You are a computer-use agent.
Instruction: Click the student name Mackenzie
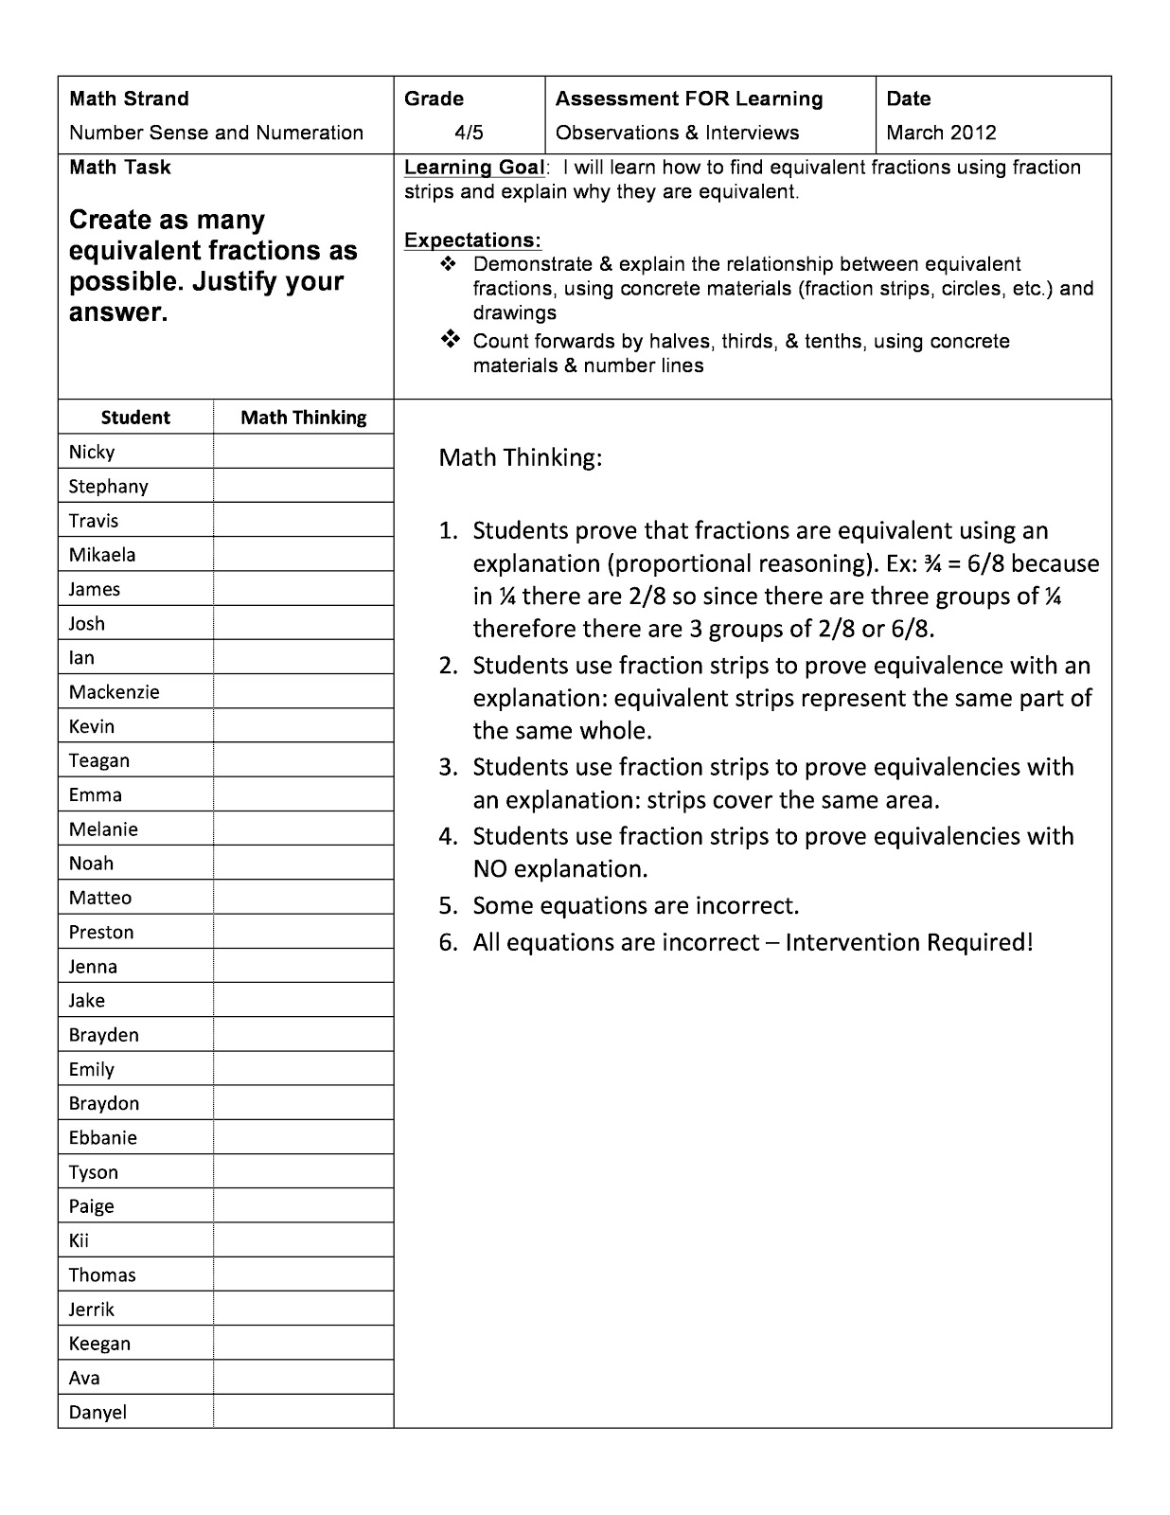point(114,692)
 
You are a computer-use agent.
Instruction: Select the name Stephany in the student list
point(108,487)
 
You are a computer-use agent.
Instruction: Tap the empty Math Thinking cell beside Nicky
point(303,452)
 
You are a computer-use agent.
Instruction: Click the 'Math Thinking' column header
point(303,418)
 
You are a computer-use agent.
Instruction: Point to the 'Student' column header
point(135,418)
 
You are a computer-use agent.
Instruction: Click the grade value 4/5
point(470,133)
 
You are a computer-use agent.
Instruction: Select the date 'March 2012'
point(941,133)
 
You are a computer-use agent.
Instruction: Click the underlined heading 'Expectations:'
point(472,240)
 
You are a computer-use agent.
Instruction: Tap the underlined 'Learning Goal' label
point(474,168)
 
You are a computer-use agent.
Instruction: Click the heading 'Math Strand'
point(129,98)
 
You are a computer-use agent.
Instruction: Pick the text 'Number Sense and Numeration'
point(216,133)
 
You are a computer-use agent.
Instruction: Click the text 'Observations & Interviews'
point(677,133)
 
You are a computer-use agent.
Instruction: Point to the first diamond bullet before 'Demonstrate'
point(449,264)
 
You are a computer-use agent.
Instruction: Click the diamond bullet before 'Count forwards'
point(451,340)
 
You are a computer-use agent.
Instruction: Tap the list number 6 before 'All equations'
point(447,943)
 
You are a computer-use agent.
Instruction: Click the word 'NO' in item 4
point(490,869)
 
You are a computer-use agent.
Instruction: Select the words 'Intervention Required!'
point(909,943)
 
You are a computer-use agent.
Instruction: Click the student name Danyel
point(97,1413)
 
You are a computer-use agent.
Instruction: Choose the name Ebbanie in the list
point(102,1138)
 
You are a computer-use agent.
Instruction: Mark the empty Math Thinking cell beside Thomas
point(303,1275)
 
